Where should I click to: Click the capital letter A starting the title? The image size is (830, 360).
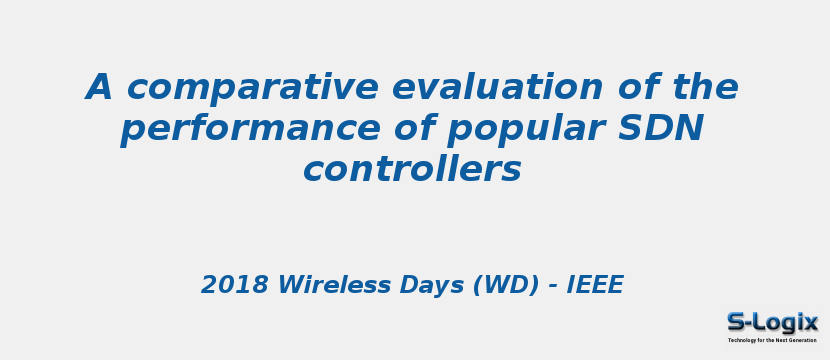coord(99,88)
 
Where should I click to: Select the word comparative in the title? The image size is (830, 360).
coord(251,89)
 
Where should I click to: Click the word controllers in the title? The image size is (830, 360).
coord(412,170)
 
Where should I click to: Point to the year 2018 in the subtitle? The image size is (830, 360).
coord(235,286)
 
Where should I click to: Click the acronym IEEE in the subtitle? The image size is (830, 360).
coord(595,286)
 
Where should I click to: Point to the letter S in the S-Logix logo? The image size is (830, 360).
coord(737,322)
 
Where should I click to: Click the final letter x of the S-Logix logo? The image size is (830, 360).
coord(810,322)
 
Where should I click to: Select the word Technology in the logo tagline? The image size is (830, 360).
coord(741,340)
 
